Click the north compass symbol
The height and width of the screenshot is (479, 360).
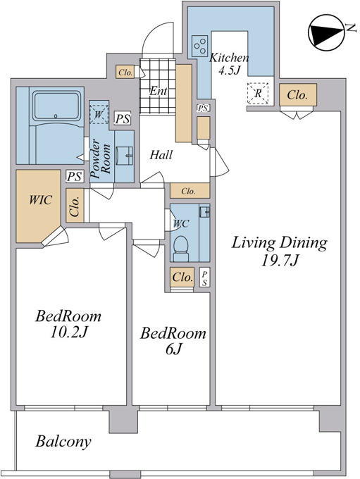(x=326, y=32)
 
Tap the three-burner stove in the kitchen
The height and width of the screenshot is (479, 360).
(x=200, y=46)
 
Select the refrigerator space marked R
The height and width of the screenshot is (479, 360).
(x=258, y=93)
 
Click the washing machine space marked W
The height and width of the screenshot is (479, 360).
(x=99, y=115)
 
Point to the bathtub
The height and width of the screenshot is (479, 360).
(x=56, y=106)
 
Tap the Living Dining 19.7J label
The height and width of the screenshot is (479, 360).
(x=279, y=251)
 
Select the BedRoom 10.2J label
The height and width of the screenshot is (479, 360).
(x=68, y=323)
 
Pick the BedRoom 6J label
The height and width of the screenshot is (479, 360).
(x=173, y=341)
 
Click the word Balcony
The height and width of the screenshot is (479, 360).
(x=63, y=442)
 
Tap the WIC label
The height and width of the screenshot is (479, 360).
(x=41, y=200)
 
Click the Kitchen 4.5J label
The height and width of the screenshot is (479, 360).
(x=228, y=63)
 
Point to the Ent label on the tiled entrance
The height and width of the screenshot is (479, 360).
(x=158, y=91)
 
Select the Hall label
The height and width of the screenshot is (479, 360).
(x=161, y=155)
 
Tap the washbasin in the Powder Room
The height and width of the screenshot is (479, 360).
(x=125, y=156)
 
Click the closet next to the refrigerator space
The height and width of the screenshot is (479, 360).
(x=298, y=94)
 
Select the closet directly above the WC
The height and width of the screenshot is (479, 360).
(x=190, y=191)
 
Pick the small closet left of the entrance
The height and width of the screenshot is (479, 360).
(x=125, y=73)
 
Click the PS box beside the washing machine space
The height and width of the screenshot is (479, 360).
(x=123, y=118)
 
